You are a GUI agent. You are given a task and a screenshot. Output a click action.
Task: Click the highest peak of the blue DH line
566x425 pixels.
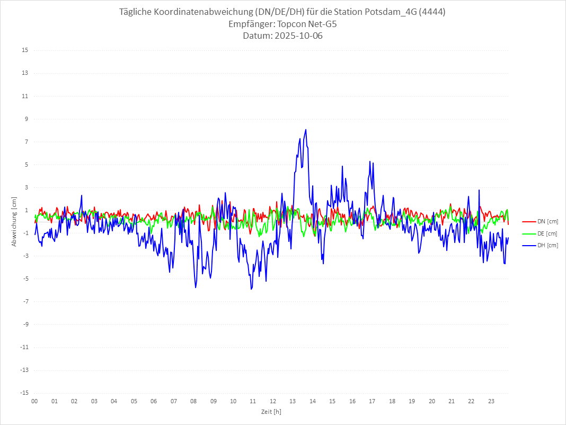(306, 129)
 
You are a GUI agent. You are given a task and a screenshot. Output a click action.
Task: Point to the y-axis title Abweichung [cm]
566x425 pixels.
(14, 221)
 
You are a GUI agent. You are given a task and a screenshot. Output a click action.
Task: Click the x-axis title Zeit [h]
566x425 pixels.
(271, 412)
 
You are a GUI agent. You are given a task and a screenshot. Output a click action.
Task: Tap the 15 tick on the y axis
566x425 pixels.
(24, 50)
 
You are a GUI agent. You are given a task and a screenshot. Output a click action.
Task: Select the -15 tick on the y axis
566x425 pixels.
(23, 393)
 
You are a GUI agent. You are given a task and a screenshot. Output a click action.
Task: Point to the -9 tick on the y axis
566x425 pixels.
(24, 324)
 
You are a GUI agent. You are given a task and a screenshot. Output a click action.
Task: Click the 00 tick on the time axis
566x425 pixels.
(34, 401)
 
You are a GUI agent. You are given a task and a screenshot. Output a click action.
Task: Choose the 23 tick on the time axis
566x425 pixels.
(491, 401)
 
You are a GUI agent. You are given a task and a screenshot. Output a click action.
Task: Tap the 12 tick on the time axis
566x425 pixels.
(273, 401)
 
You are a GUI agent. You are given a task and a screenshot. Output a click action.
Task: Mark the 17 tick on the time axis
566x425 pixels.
(372, 401)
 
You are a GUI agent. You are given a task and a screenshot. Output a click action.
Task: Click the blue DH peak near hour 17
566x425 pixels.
(370, 161)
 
